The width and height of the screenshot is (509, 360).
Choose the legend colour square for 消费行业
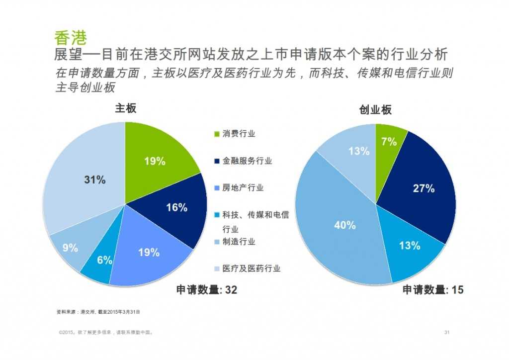pyautogui.click(x=217, y=134)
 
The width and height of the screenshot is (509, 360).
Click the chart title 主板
pyautogui.click(x=126, y=109)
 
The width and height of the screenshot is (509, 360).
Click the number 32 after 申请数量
pyautogui.click(x=230, y=290)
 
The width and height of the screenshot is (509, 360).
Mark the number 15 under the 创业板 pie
pyautogui.click(x=457, y=290)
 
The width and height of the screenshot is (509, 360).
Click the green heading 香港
pyautogui.click(x=71, y=38)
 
